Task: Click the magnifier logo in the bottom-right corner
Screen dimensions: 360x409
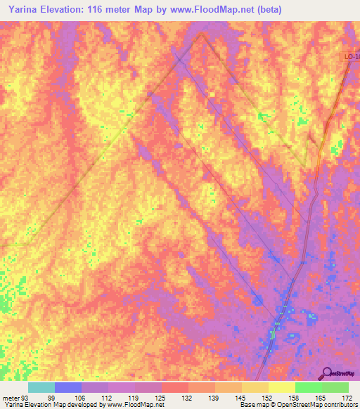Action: tap(326, 374)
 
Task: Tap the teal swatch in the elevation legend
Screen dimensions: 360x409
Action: tap(41, 387)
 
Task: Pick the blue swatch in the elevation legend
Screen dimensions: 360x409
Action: tap(68, 387)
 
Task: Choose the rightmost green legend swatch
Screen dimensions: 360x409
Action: tap(335, 387)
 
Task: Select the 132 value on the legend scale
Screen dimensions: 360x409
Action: tap(188, 397)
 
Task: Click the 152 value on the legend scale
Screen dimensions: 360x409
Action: tap(268, 397)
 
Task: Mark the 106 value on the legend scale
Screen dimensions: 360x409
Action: tap(81, 397)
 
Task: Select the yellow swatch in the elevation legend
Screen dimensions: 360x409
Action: tap(281, 387)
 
